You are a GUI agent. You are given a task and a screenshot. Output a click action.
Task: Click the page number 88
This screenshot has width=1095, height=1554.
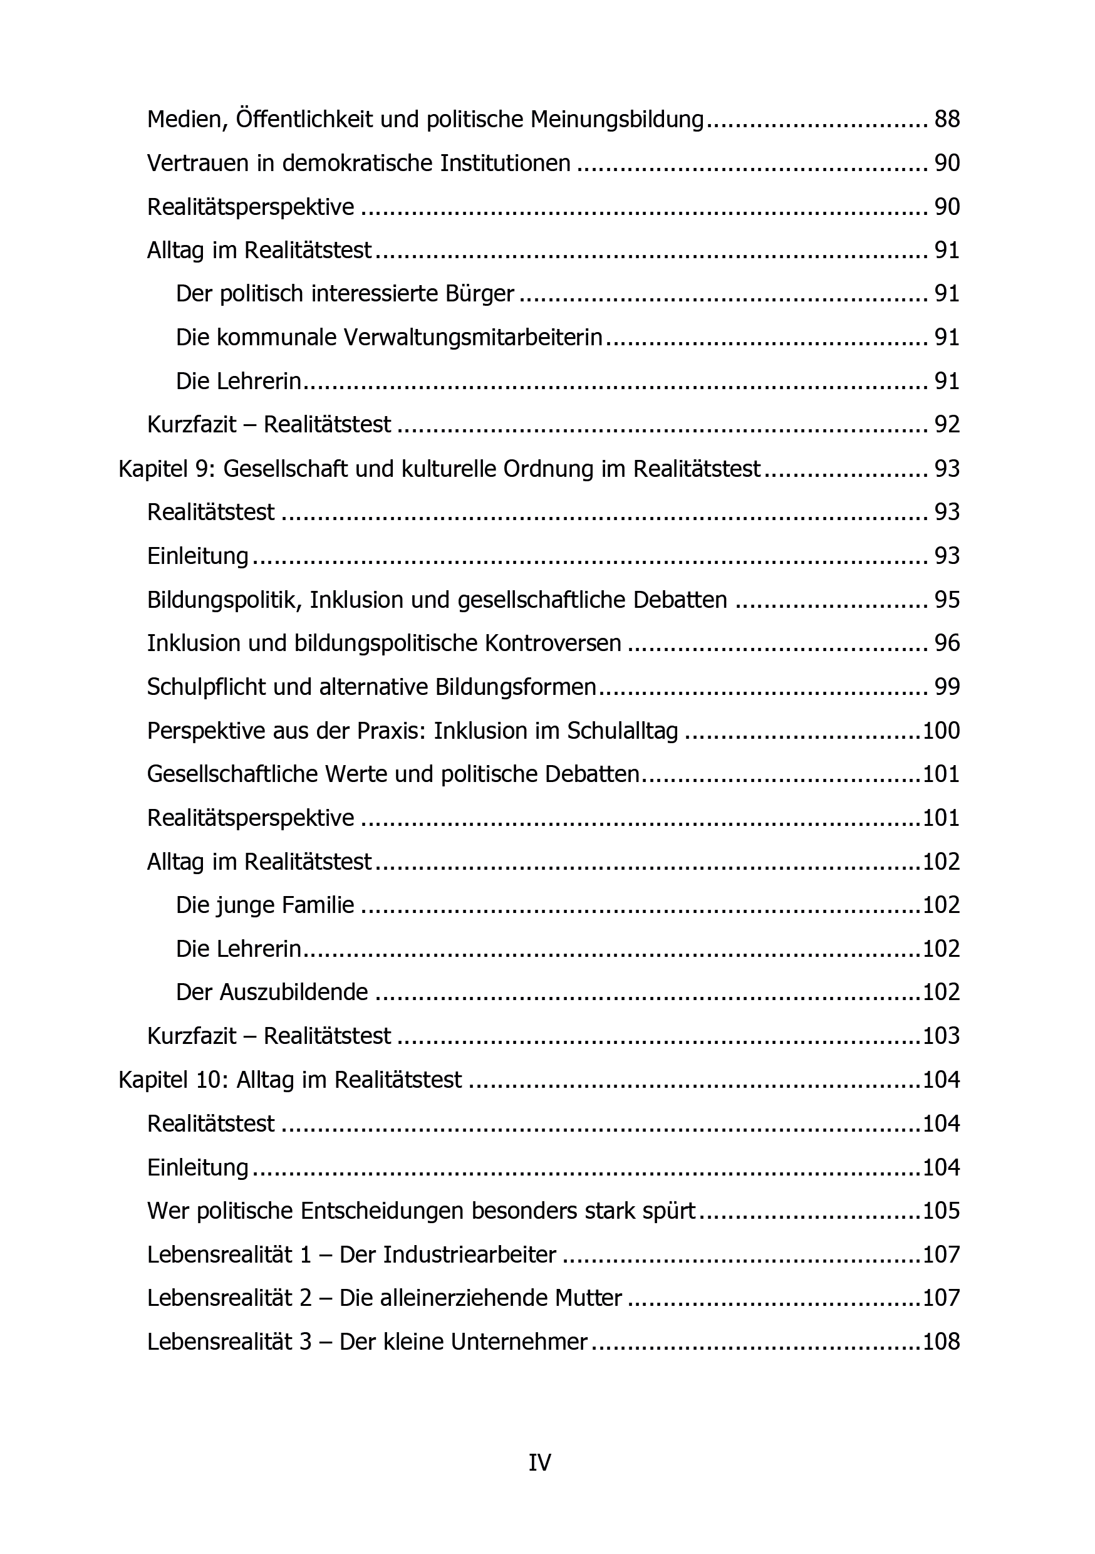tap(947, 120)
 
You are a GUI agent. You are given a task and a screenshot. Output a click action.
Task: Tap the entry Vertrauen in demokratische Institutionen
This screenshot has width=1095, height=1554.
tap(359, 164)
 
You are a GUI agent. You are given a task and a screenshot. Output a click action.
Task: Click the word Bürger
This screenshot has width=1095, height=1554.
tap(480, 295)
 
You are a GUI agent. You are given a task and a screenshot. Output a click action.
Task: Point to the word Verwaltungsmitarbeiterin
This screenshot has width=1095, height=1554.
tap(473, 338)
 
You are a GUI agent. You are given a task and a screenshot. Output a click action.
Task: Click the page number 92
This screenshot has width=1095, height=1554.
tap(947, 425)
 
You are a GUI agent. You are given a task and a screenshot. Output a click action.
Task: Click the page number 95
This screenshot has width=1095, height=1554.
tap(947, 600)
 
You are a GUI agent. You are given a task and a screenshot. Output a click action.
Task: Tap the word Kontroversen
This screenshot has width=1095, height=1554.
tap(553, 644)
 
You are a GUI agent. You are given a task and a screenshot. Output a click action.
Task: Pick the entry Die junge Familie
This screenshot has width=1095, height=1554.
tap(265, 905)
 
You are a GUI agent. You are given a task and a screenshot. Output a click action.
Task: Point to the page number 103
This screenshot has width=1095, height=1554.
tap(942, 1036)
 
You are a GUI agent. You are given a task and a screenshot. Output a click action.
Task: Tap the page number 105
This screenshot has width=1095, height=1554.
tap(942, 1211)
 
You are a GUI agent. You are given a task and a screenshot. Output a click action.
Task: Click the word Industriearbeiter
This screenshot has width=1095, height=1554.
tap(470, 1255)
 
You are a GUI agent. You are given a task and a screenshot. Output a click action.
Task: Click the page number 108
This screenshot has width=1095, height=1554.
tap(942, 1342)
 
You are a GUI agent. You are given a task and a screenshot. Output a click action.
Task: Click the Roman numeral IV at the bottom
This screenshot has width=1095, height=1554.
tap(540, 1463)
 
